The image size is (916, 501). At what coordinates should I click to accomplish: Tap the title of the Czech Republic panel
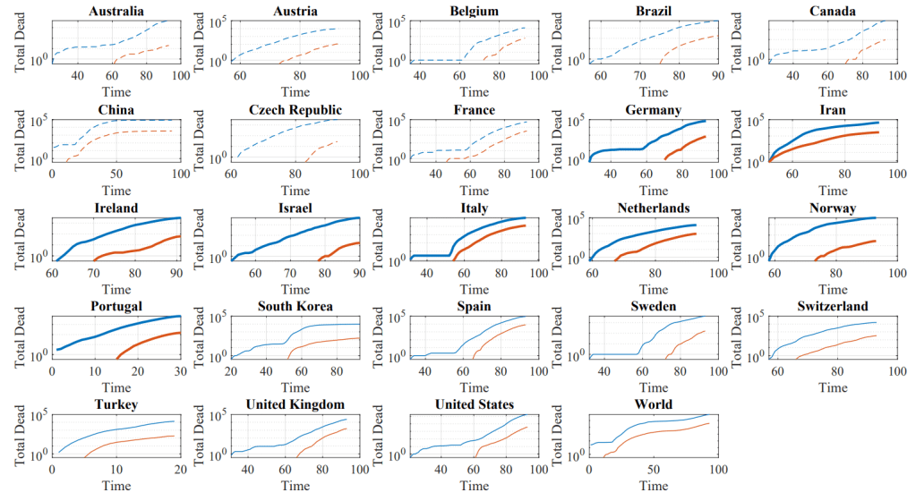(295, 110)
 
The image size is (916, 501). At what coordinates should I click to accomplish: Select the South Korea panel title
(295, 307)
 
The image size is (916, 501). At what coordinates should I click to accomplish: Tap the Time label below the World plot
(653, 485)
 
